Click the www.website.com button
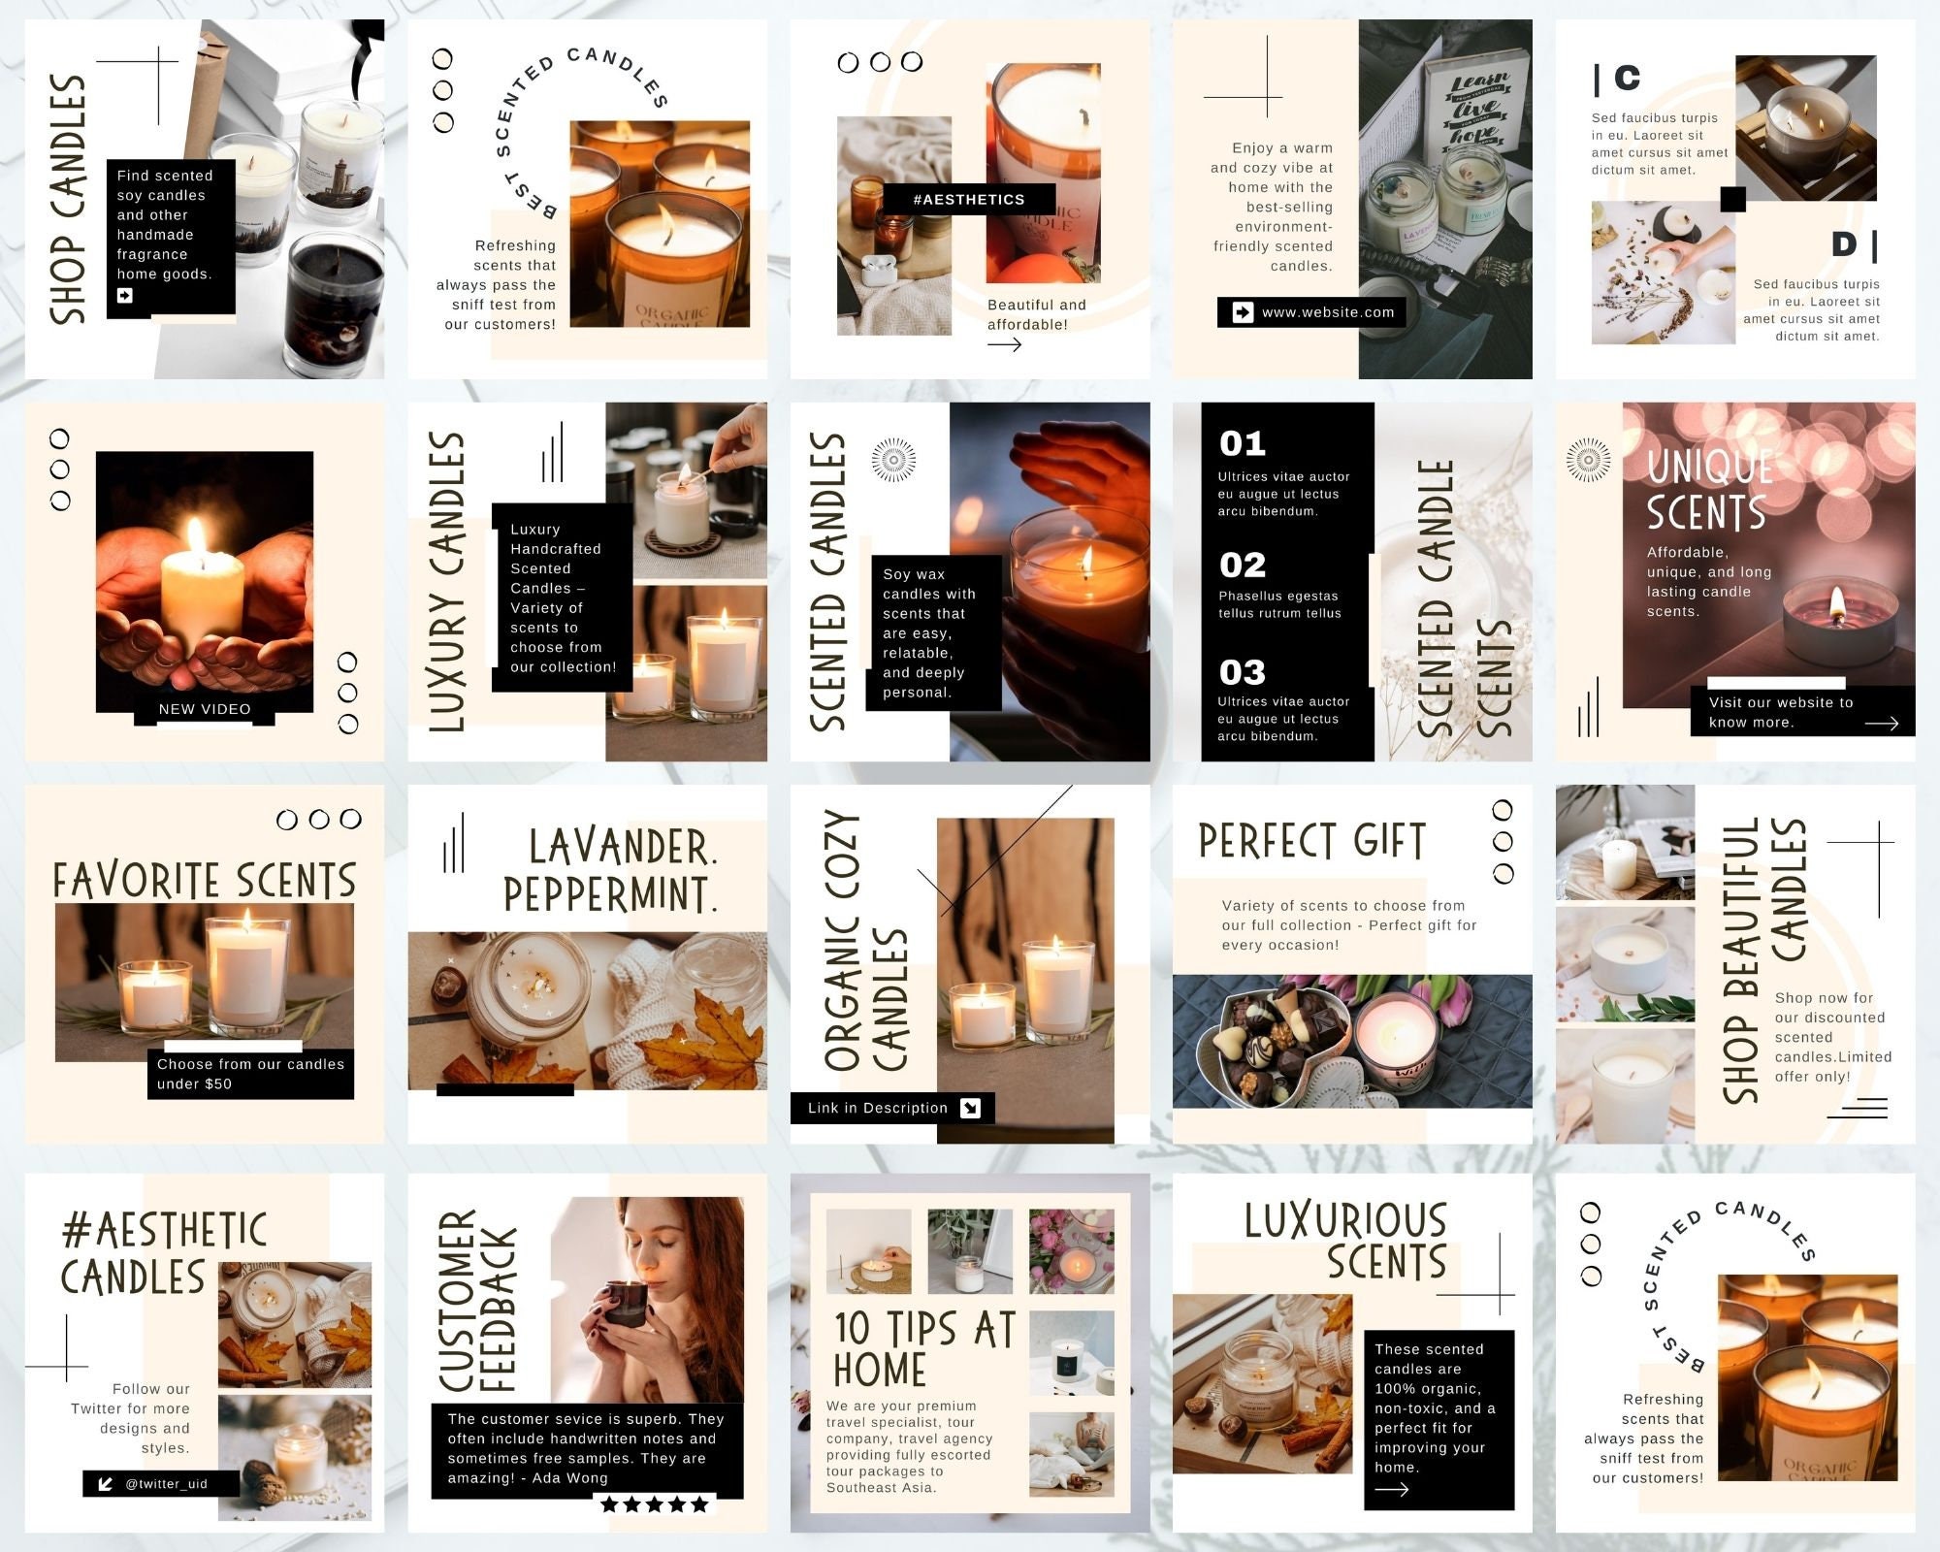tap(1311, 312)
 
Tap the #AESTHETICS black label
tap(968, 200)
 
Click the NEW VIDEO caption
tap(205, 709)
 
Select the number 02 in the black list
tap(1243, 565)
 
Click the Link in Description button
tap(891, 1108)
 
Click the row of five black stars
tap(655, 1504)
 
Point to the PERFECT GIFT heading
tap(1311, 841)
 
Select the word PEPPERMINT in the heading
tap(608, 893)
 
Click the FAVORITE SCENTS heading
tap(205, 881)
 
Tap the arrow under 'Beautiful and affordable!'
tap(1004, 344)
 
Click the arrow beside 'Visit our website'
tap(1881, 723)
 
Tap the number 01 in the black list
tap(1243, 444)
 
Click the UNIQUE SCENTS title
tap(1709, 490)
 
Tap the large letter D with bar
tap(1854, 245)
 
